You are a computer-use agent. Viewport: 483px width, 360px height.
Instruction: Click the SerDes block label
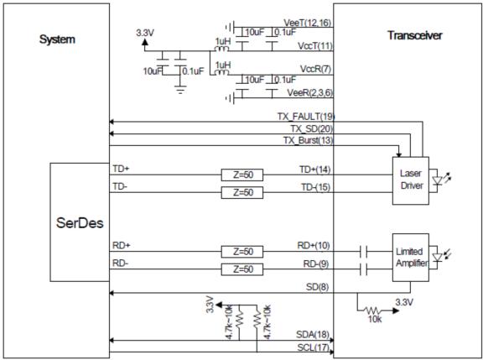click(80, 222)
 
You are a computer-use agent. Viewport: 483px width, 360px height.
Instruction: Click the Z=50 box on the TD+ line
click(242, 175)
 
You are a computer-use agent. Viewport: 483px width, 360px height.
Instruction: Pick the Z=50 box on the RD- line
click(242, 269)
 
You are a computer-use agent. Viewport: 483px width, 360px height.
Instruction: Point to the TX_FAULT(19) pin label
click(306, 117)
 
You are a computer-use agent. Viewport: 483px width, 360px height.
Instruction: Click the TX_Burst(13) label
click(309, 140)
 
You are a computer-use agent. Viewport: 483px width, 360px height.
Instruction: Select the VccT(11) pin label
click(315, 46)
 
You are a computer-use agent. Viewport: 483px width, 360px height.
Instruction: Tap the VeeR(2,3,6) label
click(310, 93)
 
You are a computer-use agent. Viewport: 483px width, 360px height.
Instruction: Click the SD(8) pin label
click(317, 287)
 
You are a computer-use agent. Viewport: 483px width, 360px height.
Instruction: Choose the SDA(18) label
click(313, 335)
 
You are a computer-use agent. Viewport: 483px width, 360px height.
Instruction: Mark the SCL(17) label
click(314, 347)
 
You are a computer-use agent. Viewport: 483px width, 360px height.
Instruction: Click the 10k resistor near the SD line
click(372, 310)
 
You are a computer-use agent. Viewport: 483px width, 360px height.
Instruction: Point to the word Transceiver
click(414, 35)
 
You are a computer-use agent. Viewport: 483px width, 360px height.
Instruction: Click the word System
click(57, 39)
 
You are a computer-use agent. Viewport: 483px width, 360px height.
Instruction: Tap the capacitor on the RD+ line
click(363, 252)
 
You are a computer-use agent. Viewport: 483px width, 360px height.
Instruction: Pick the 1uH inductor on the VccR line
click(221, 72)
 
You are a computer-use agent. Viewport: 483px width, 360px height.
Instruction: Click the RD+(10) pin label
click(314, 246)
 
